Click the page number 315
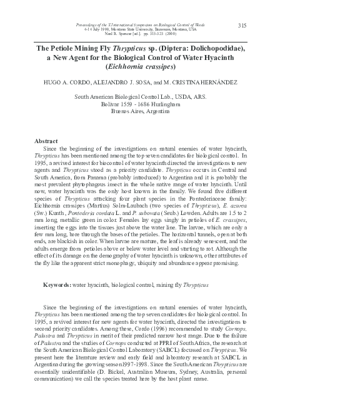243,25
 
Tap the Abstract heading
46,141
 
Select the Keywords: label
57,284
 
